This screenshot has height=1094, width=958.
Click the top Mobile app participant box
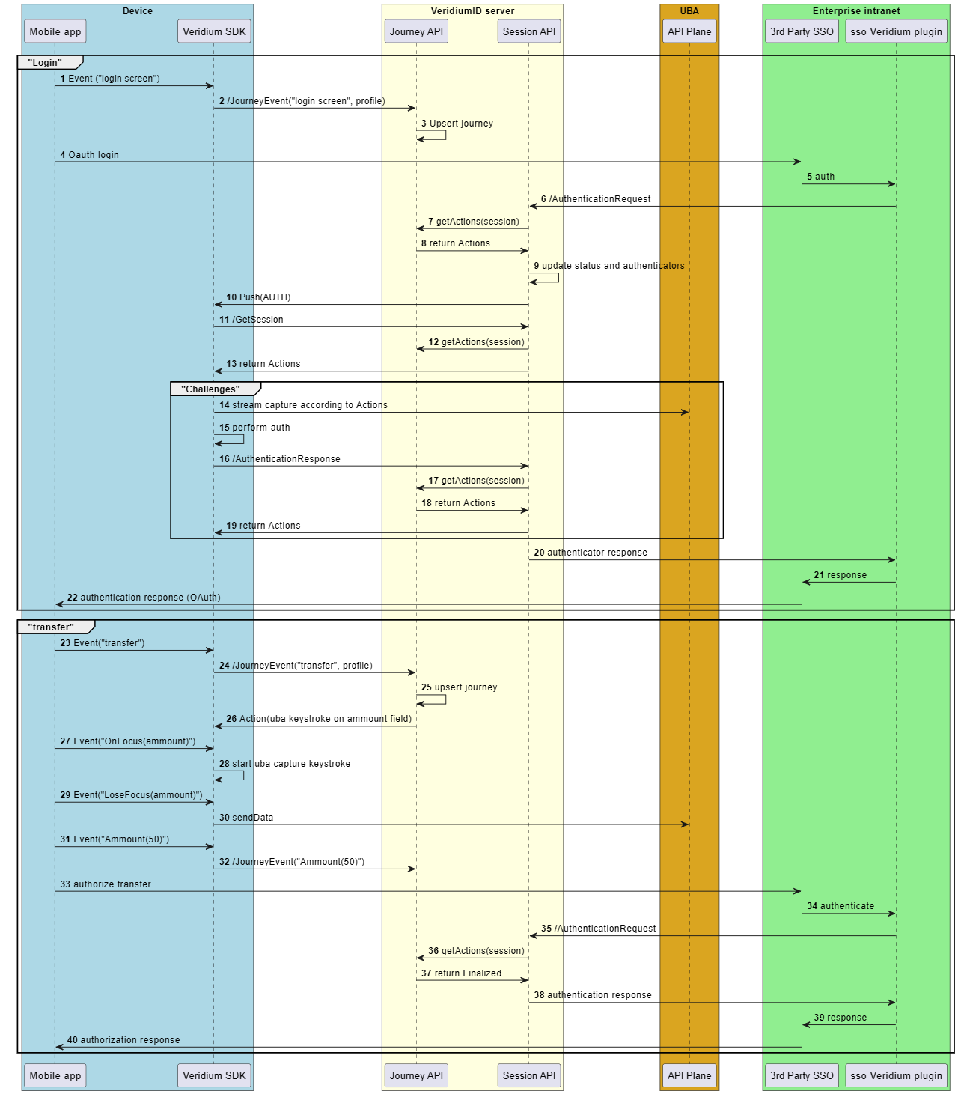(x=55, y=31)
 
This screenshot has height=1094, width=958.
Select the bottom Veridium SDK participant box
(x=214, y=1075)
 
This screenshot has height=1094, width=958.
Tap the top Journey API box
(x=416, y=31)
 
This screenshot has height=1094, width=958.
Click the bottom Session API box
(x=528, y=1075)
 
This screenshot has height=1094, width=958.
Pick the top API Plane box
(x=689, y=31)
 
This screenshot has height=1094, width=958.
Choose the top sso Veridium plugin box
(x=896, y=31)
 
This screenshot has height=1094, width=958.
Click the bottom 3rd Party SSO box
(x=802, y=1075)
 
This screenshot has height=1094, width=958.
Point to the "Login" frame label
(x=46, y=63)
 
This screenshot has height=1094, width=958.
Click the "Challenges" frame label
(x=211, y=389)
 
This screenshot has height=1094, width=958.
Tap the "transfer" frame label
(x=52, y=627)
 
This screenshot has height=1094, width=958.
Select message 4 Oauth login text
(x=89, y=155)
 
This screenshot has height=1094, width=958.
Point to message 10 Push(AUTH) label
(x=258, y=297)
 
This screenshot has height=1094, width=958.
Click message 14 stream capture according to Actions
(x=303, y=405)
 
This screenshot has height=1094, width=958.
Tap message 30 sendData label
(x=246, y=818)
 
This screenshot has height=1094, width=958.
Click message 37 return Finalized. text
(x=462, y=973)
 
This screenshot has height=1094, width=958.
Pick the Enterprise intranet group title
(x=856, y=11)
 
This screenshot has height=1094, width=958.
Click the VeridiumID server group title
(x=472, y=11)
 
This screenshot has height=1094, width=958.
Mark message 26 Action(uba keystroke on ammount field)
(x=319, y=719)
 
